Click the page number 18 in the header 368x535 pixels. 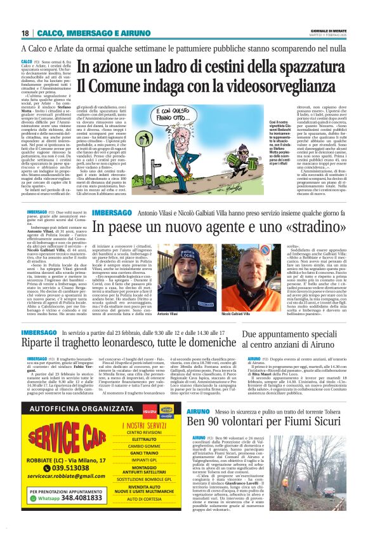tap(25, 33)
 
